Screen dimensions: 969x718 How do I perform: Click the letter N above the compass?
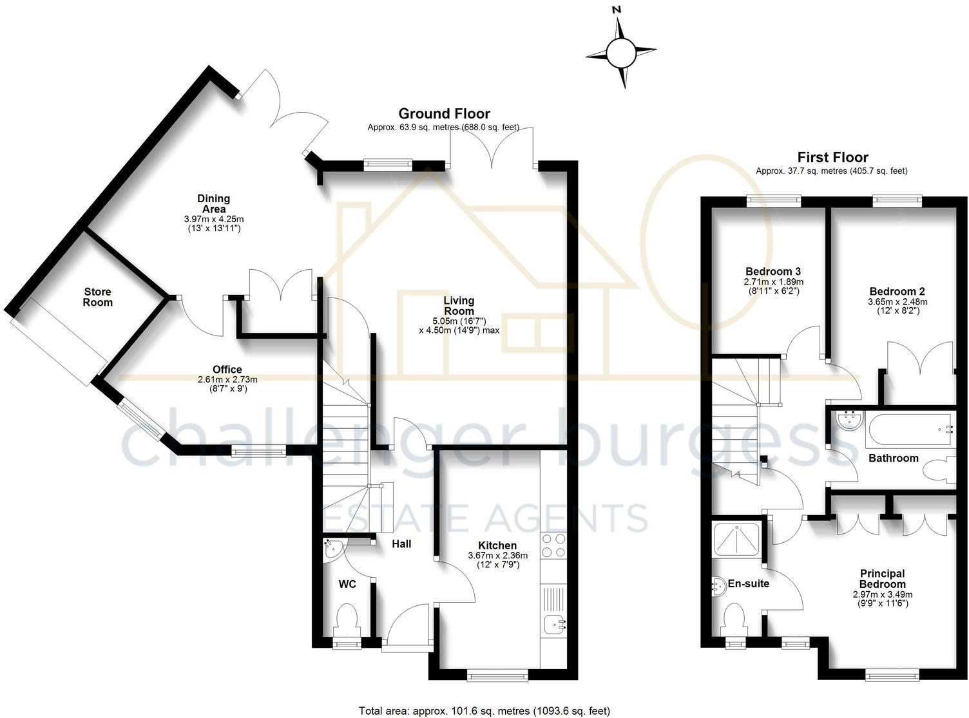pyautogui.click(x=617, y=10)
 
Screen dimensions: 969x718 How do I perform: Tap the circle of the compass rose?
pyautogui.click(x=621, y=52)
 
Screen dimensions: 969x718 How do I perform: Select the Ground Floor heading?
pyautogui.click(x=444, y=113)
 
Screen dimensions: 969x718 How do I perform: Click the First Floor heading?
pyautogui.click(x=832, y=156)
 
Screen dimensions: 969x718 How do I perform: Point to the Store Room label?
pyautogui.click(x=98, y=297)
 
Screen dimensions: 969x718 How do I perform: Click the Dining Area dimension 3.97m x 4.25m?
pyautogui.click(x=214, y=219)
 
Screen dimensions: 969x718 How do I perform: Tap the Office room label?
pyautogui.click(x=227, y=369)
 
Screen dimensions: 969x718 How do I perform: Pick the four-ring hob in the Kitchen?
pyautogui.click(x=553, y=545)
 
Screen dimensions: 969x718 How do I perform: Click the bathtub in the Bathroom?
pyautogui.click(x=910, y=429)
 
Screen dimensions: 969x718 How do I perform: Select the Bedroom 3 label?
pyautogui.click(x=773, y=272)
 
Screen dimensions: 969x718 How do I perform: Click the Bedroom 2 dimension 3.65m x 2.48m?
pyautogui.click(x=897, y=302)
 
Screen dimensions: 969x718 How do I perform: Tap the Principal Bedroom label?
pyautogui.click(x=883, y=579)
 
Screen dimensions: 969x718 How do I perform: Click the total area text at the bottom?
pyautogui.click(x=484, y=711)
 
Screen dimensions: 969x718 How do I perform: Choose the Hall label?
pyautogui.click(x=401, y=543)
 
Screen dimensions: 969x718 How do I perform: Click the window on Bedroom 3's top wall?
pyautogui.click(x=774, y=202)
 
